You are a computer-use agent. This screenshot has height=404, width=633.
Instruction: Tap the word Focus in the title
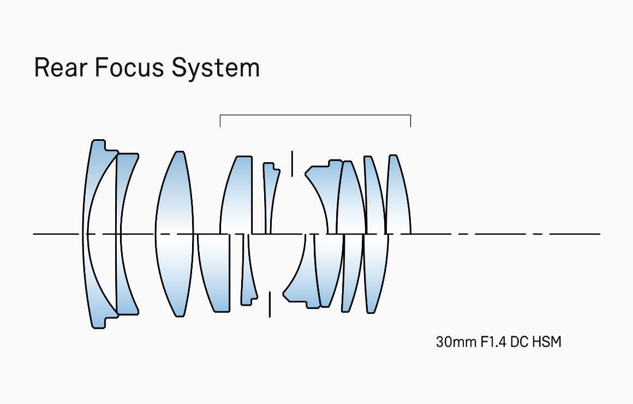click(128, 68)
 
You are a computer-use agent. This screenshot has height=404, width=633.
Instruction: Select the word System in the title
click(215, 68)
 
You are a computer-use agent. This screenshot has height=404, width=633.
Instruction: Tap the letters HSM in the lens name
click(547, 342)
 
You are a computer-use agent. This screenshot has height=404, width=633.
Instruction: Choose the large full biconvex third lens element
click(174, 234)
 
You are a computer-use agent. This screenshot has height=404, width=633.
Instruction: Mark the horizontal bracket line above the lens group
click(315, 115)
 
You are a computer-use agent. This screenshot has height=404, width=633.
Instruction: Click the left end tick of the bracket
click(220, 121)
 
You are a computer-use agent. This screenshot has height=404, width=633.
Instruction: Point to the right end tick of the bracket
click(410, 121)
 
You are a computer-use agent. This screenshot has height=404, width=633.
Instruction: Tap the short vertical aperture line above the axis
click(292, 163)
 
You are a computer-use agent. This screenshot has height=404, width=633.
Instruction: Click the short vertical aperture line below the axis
click(270, 304)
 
